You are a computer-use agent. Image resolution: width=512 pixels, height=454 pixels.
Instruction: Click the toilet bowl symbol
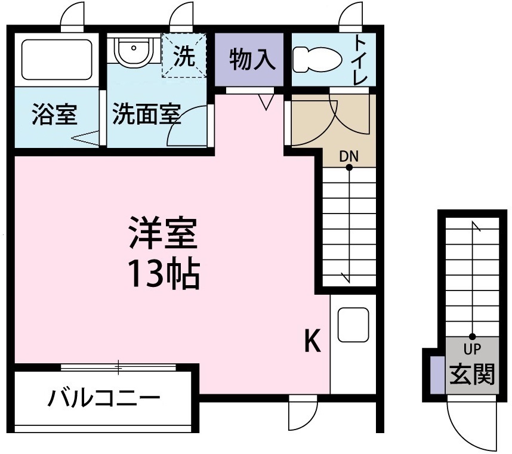(316, 60)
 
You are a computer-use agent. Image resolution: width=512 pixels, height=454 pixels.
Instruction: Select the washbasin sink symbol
(134, 51)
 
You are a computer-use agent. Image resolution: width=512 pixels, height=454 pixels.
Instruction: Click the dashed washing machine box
(184, 56)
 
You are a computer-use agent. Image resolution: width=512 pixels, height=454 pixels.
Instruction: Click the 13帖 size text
(162, 273)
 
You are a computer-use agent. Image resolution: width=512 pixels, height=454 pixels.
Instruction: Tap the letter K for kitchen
(313, 341)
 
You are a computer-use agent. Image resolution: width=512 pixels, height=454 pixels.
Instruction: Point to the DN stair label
(349, 156)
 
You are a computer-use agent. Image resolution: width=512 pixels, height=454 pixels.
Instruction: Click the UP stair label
(472, 348)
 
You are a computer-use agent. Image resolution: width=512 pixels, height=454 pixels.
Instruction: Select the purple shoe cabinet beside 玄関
(436, 375)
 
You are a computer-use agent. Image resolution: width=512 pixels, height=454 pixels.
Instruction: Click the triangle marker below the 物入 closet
(267, 102)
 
